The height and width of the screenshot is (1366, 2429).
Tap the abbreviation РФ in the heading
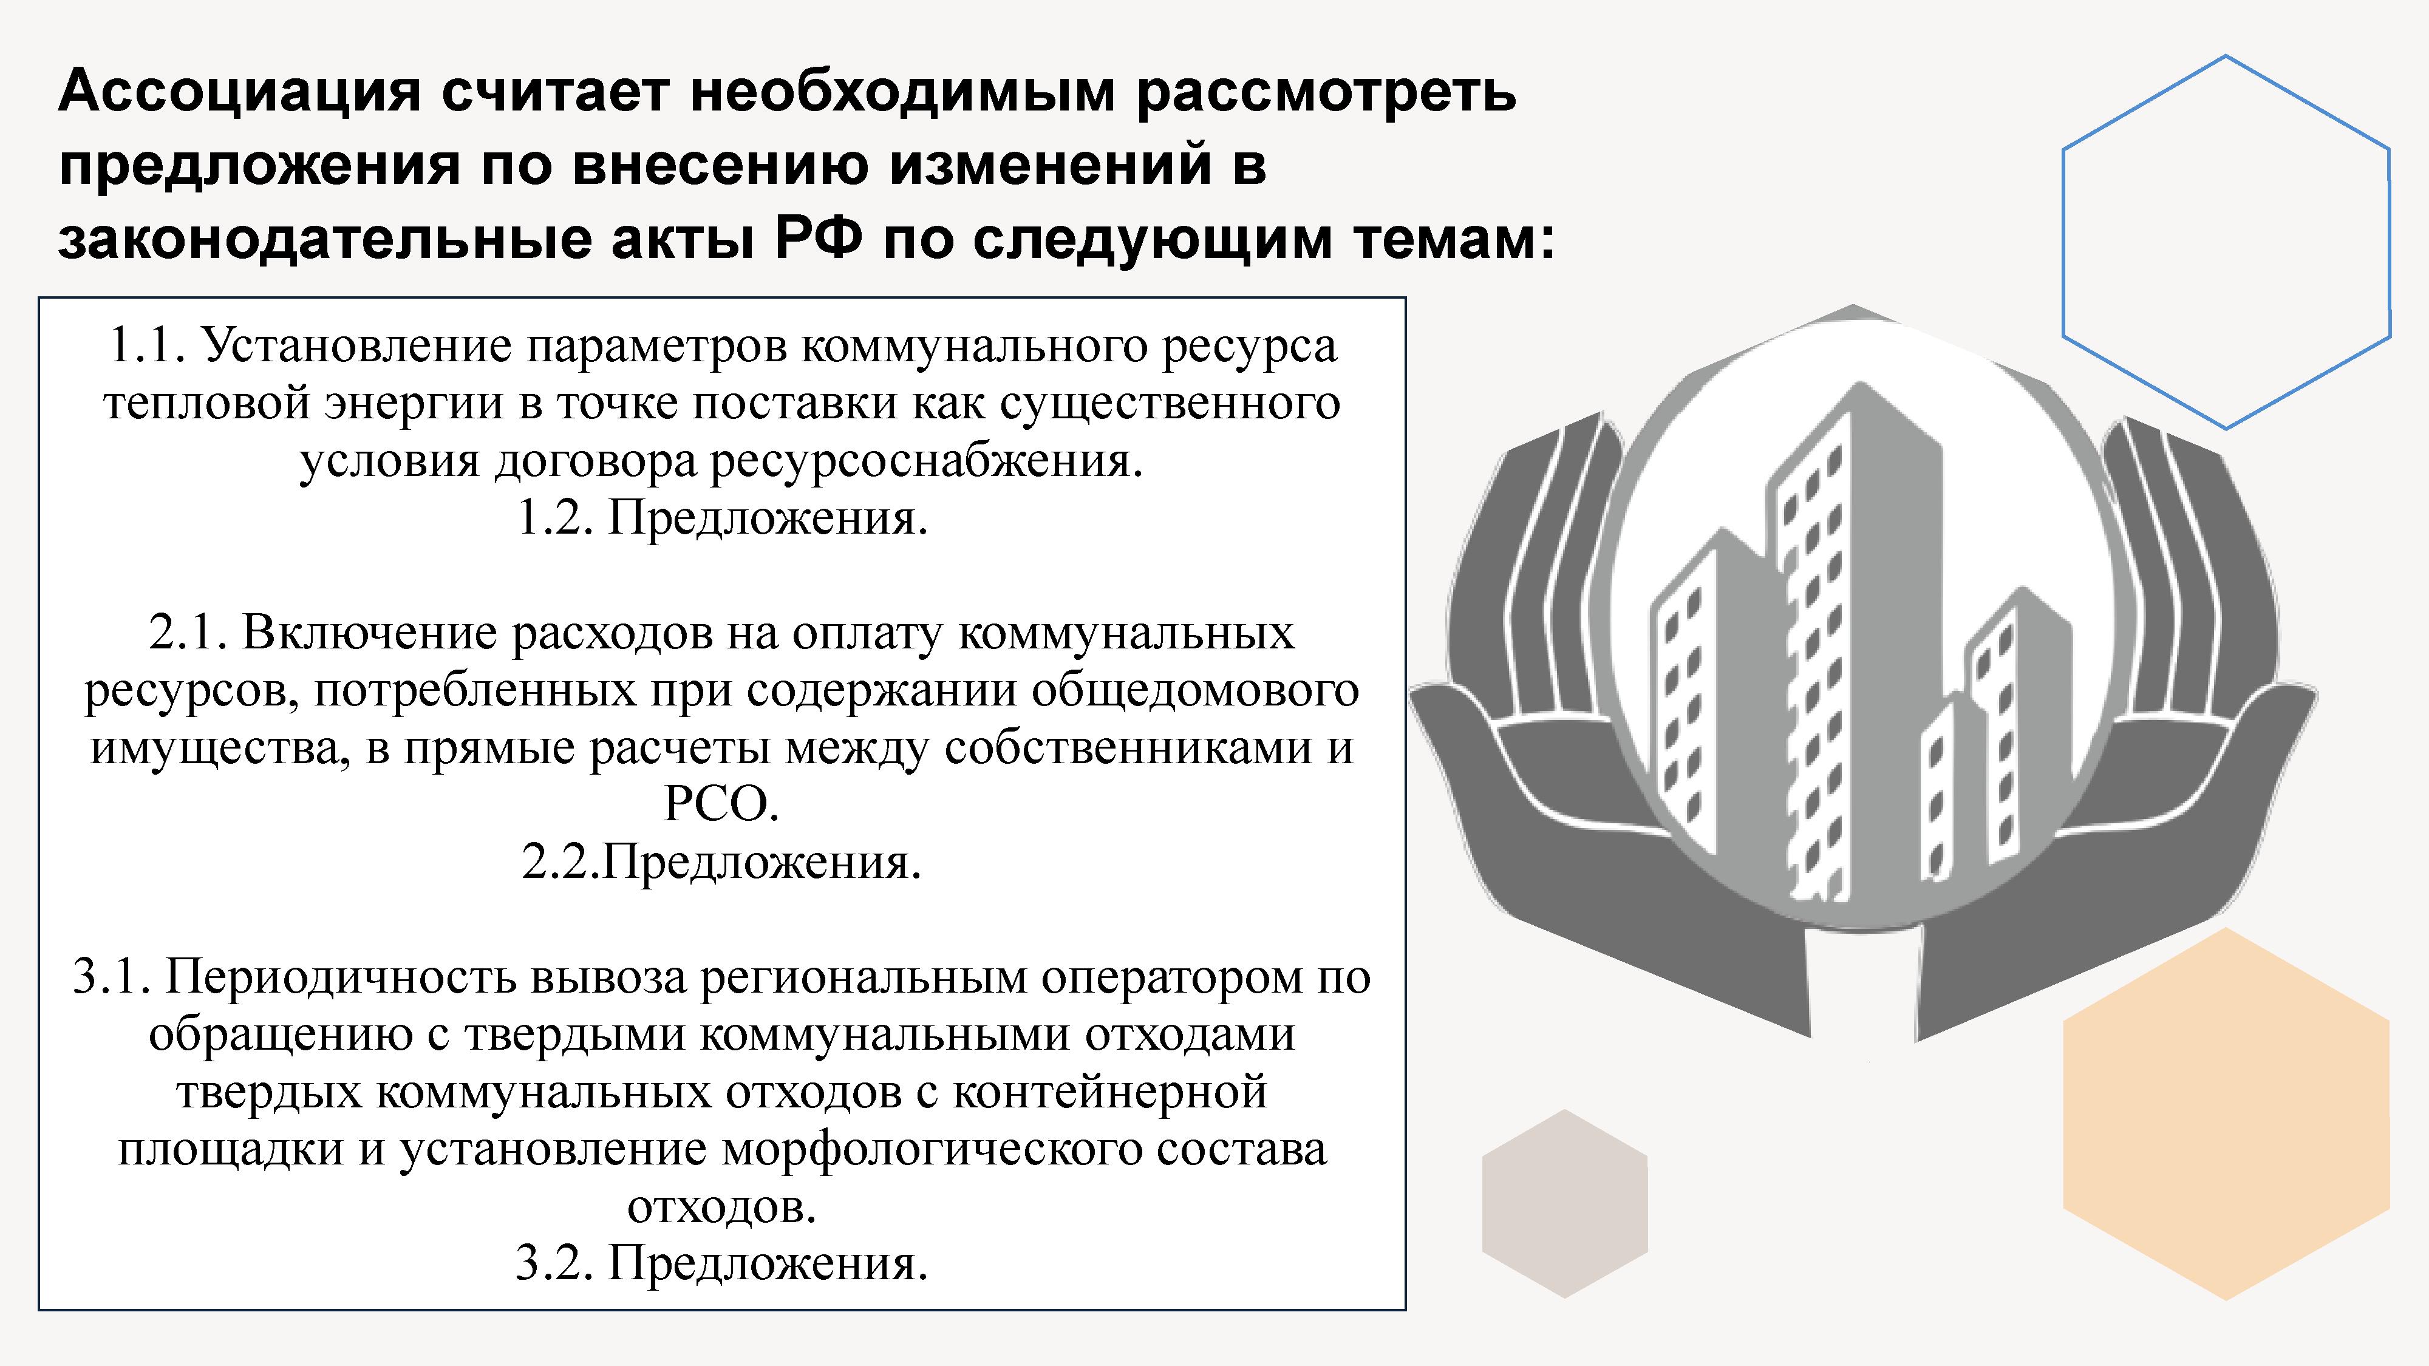click(819, 239)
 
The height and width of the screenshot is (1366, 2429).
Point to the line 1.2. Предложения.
click(722, 517)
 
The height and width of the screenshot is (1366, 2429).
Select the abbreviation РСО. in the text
click(722, 804)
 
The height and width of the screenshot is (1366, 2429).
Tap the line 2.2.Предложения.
click(722, 861)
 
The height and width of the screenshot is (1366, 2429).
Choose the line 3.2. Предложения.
click(722, 1263)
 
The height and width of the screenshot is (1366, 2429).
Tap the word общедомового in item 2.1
click(1194, 690)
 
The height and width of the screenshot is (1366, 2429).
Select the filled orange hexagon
click(2226, 1113)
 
